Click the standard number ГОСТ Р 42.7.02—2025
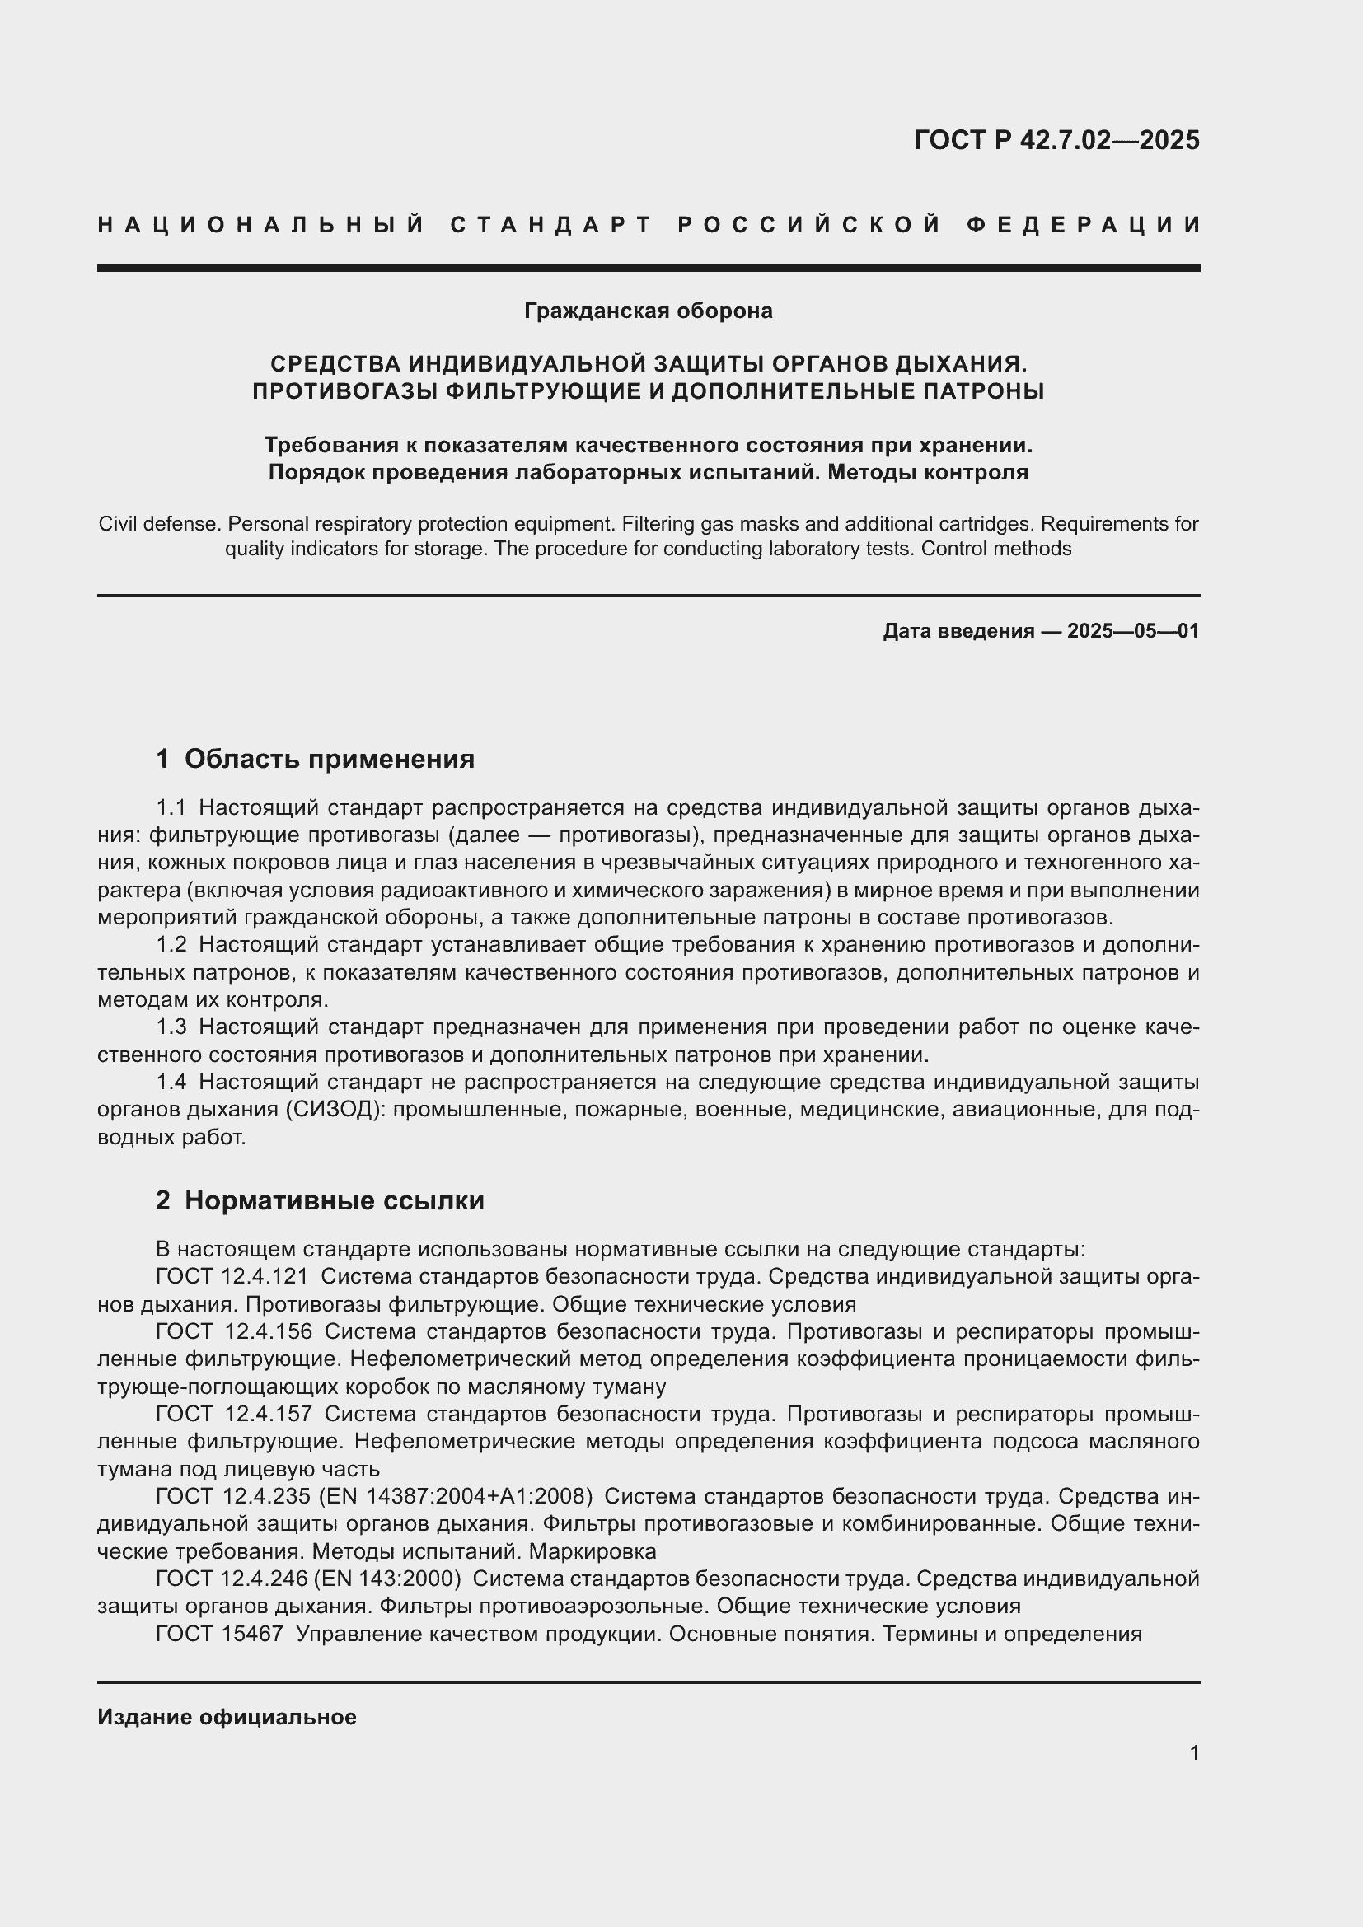pyautogui.click(x=1056, y=140)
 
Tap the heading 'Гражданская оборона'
pyautogui.click(x=648, y=311)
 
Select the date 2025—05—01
pyautogui.click(x=1133, y=631)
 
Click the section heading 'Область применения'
pyautogui.click(x=329, y=760)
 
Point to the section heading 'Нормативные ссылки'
pyautogui.click(x=334, y=1201)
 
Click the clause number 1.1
pyautogui.click(x=171, y=808)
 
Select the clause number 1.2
pyautogui.click(x=171, y=945)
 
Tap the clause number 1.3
pyautogui.click(x=171, y=1027)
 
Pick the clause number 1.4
pyautogui.click(x=171, y=1083)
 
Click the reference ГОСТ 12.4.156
pyautogui.click(x=233, y=1332)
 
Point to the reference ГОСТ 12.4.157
pyautogui.click(x=233, y=1415)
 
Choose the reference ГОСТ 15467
pyautogui.click(x=219, y=1634)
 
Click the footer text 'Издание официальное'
pyautogui.click(x=227, y=1717)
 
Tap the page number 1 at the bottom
pyautogui.click(x=1194, y=1753)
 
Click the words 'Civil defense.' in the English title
pyautogui.click(x=158, y=525)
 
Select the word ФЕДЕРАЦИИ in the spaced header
pyautogui.click(x=1084, y=225)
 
